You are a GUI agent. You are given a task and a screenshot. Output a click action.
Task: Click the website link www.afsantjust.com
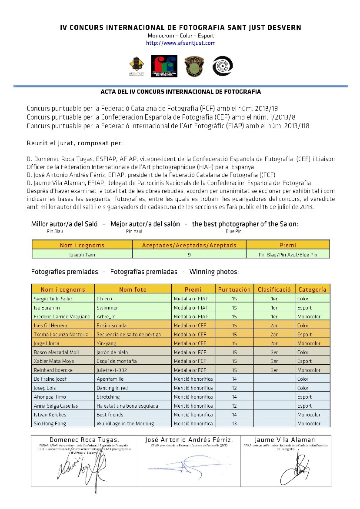coord(180,43)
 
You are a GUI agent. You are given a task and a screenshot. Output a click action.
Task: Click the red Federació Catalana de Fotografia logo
coord(163,66)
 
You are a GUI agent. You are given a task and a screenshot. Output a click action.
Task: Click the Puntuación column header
coord(234,289)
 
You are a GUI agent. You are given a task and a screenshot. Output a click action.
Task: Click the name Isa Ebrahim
coord(46,308)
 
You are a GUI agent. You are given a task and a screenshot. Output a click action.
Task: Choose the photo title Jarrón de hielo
coord(112,352)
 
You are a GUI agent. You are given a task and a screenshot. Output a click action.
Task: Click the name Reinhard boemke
coord(53,370)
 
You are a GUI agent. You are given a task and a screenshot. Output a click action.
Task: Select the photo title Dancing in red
coord(110,388)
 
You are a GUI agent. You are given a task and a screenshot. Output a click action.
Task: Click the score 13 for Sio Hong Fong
coord(234,423)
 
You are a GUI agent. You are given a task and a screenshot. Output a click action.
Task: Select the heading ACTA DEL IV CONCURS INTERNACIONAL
coord(180,92)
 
